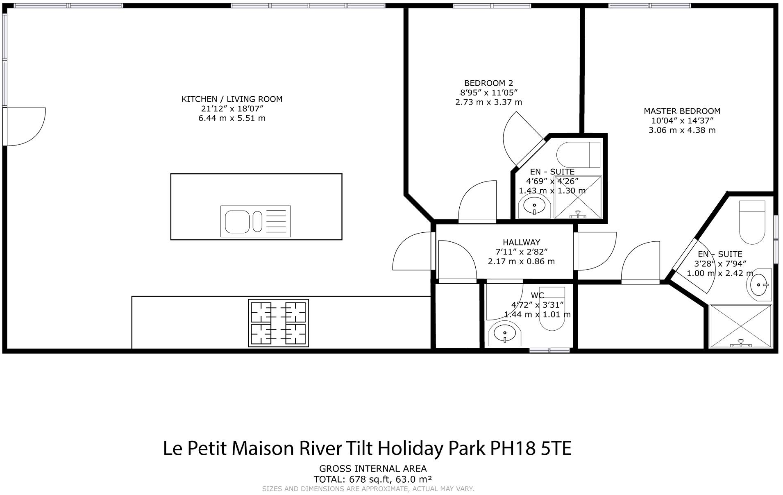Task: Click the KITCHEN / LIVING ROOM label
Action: (x=232, y=99)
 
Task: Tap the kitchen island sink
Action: (x=255, y=221)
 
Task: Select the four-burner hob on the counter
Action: (x=278, y=323)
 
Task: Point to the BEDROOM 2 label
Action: (x=488, y=83)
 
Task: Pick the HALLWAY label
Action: (x=521, y=242)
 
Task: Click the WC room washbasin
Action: (x=505, y=334)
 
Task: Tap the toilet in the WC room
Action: (x=552, y=311)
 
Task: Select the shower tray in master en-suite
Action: (x=740, y=326)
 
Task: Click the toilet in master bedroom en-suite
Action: (x=751, y=223)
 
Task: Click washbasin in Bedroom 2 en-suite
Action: (x=534, y=206)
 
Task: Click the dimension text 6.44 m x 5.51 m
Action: (x=232, y=118)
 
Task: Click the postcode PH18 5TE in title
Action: (x=531, y=448)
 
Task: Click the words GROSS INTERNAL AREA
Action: (x=373, y=468)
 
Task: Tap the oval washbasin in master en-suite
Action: (x=760, y=284)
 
